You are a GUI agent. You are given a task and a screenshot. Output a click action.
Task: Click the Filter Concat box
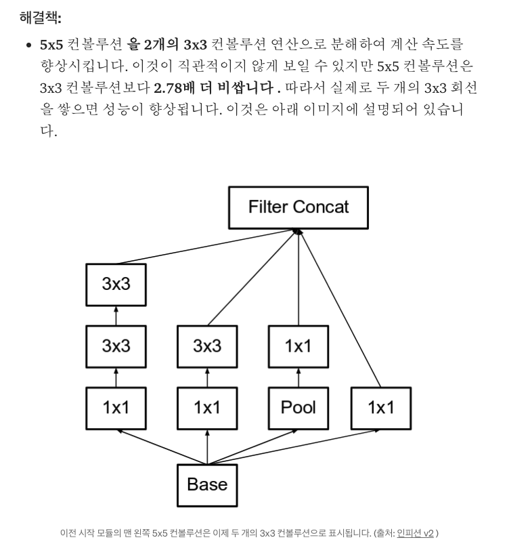click(298, 207)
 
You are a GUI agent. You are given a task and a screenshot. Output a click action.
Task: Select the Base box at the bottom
click(207, 484)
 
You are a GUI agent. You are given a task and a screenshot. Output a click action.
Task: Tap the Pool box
click(298, 407)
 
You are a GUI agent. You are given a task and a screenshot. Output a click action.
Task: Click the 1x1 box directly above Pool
click(298, 346)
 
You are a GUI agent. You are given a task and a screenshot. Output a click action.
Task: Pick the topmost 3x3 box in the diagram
click(116, 284)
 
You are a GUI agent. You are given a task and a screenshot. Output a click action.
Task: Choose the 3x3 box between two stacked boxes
click(116, 346)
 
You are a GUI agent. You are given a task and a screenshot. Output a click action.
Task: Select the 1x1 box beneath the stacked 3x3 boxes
click(116, 407)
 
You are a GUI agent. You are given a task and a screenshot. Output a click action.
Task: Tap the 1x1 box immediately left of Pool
click(207, 407)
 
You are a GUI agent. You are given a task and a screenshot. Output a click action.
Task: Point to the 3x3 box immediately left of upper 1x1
click(207, 346)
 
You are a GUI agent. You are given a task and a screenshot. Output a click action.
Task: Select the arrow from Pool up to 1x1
click(298, 376)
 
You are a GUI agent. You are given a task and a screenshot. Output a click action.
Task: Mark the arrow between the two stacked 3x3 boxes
click(116, 315)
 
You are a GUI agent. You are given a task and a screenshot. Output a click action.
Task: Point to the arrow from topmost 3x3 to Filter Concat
click(203, 247)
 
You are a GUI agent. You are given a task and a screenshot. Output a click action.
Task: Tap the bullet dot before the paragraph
click(28, 46)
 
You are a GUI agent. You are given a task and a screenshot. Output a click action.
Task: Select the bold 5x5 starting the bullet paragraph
click(51, 45)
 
